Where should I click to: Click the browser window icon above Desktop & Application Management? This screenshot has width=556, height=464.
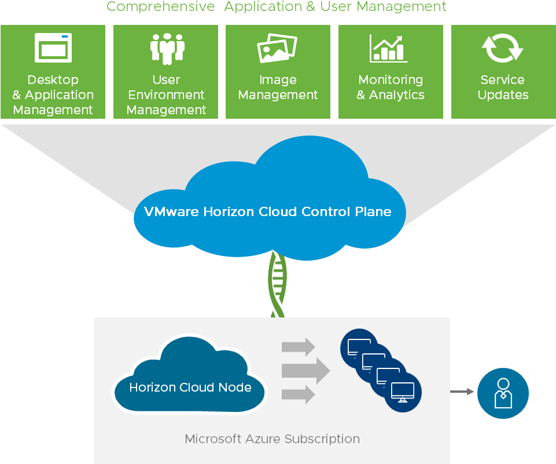click(53, 48)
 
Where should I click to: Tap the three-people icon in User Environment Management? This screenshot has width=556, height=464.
click(167, 48)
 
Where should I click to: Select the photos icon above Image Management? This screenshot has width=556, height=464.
click(277, 48)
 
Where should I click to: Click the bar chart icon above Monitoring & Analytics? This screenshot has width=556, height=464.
click(388, 48)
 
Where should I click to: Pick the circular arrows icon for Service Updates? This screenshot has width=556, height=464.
click(502, 48)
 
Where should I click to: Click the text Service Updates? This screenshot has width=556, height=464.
click(502, 87)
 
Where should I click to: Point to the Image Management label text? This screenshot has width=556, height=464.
click(278, 87)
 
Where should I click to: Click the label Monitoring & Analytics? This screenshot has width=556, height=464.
click(391, 87)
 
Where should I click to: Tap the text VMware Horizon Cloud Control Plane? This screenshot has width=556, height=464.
click(267, 211)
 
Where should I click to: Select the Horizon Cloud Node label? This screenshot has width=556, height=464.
click(190, 388)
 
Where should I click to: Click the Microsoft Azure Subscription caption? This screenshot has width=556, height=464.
click(272, 439)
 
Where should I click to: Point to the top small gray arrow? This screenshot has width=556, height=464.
click(298, 347)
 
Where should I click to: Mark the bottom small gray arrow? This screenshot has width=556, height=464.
click(298, 394)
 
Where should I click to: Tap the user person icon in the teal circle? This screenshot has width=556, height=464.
click(503, 393)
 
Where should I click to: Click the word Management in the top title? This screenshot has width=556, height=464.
click(411, 6)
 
